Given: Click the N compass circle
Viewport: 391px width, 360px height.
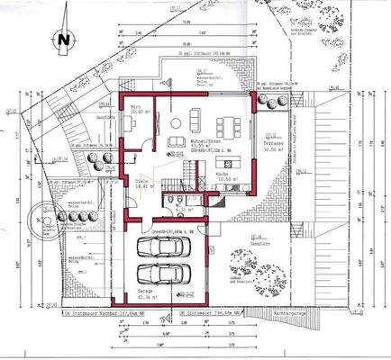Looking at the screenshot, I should click(62, 40).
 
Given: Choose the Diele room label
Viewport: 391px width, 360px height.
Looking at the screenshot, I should click(141, 183).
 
